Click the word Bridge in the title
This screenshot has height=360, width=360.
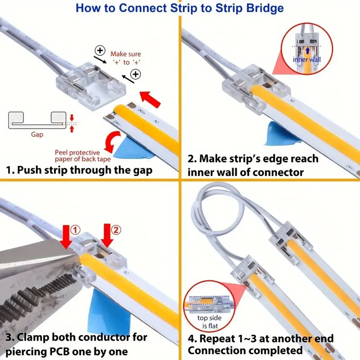[260, 8]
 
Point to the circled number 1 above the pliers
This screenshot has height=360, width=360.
[76, 229]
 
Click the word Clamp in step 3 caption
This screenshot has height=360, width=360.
[34, 337]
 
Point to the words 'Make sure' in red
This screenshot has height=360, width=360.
[126, 54]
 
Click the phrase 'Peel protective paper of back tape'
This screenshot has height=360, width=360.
[77, 156]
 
